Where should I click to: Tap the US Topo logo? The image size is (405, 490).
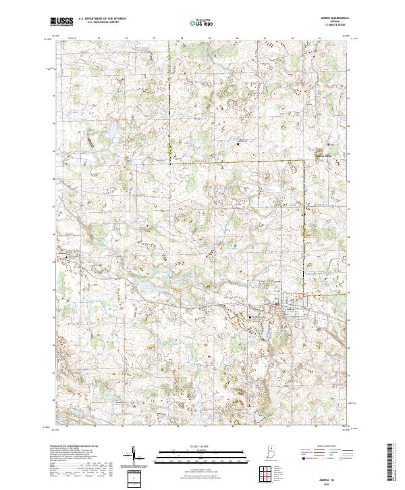(x=202, y=22)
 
